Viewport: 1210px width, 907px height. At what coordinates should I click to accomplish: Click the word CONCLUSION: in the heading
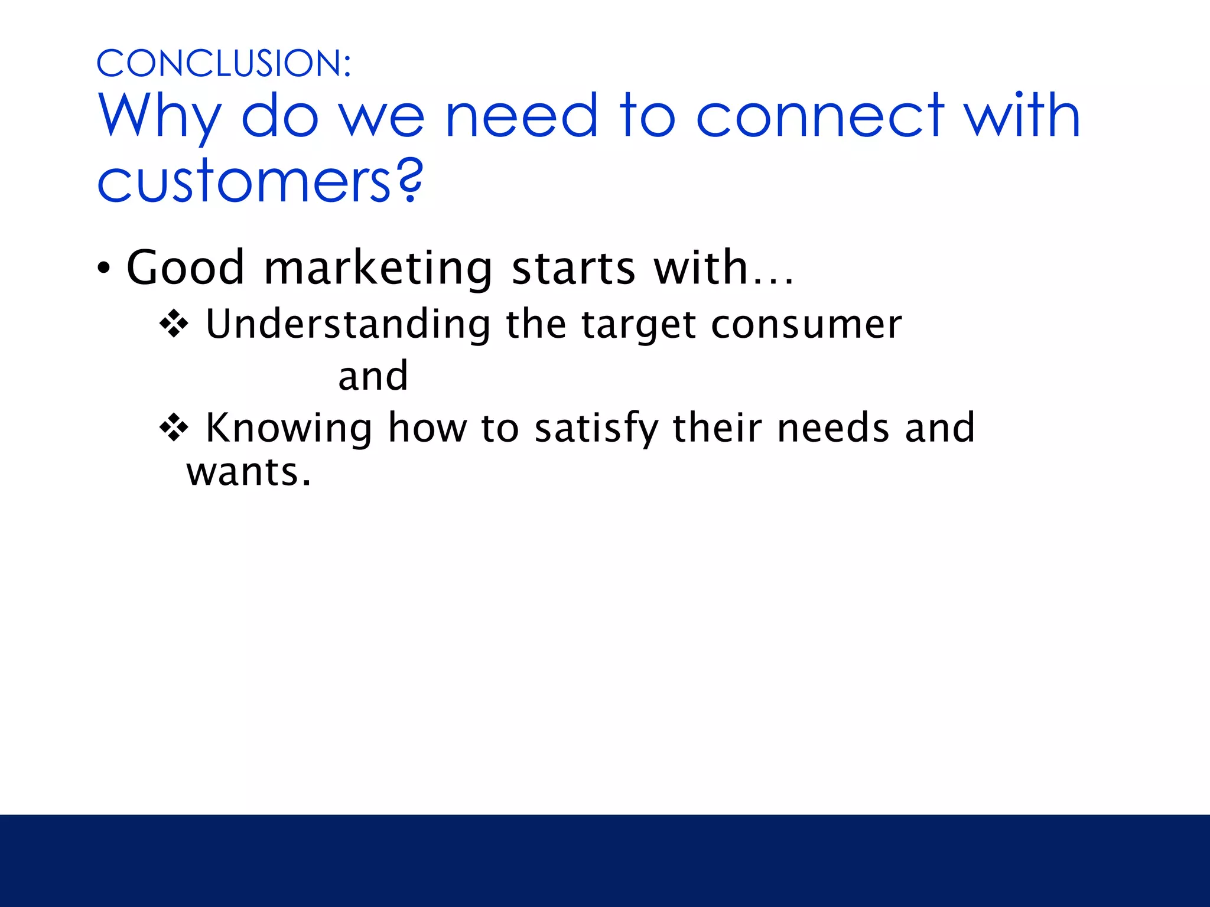point(223,63)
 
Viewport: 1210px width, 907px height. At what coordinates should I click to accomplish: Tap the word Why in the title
point(160,116)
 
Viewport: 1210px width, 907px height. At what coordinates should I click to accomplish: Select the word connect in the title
point(820,116)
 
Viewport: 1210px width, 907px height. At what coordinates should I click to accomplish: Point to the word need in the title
point(522,116)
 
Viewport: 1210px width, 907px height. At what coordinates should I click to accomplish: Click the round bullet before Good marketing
point(104,269)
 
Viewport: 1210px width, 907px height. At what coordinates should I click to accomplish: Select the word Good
point(186,267)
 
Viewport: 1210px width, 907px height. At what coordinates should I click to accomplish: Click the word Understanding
point(348,325)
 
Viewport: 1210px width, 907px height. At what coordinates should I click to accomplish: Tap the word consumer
point(806,325)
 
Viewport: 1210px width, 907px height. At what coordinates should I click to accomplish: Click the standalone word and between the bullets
point(373,376)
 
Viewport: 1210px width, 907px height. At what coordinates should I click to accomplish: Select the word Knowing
point(289,428)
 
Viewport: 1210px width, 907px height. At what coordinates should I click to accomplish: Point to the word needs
point(833,428)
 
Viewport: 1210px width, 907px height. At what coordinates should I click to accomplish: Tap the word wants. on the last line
point(249,472)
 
